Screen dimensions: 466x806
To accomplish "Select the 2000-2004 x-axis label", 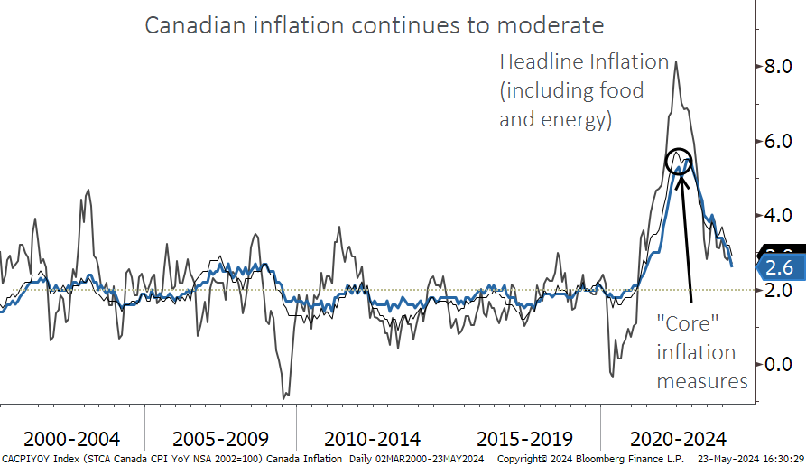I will pos(71,439).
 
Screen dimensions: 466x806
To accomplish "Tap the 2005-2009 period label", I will pos(220,439).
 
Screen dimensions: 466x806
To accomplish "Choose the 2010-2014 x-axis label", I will pos(372,439).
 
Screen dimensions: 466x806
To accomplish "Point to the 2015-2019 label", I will pos(523,439).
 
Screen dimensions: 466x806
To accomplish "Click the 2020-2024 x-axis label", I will pos(677,439).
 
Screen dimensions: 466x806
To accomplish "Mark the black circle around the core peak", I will pos(680,161).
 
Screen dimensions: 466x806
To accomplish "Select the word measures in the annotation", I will pos(702,381).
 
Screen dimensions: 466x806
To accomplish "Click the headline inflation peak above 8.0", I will pos(676,61).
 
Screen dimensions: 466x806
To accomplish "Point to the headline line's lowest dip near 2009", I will pos(285,396).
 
